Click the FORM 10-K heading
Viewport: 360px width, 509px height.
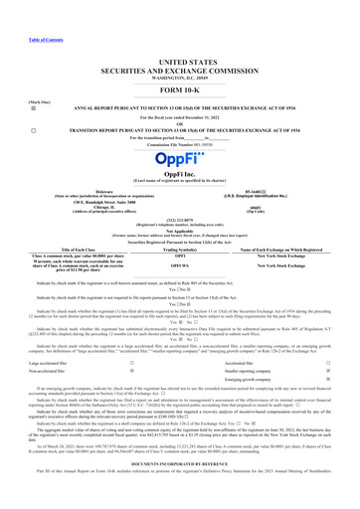(x=180, y=63)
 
